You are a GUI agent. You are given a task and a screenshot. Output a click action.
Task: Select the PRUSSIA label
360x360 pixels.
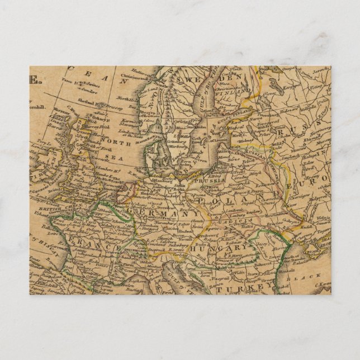click(211, 181)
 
